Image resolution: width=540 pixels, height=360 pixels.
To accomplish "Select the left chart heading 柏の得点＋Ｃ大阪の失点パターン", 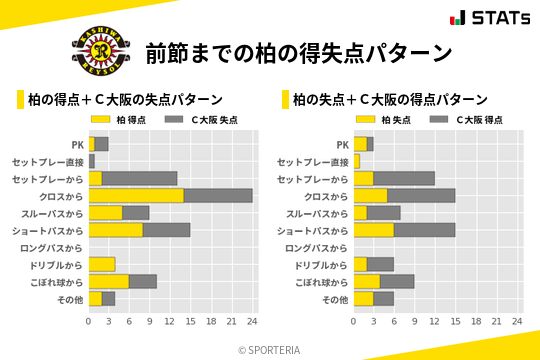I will coord(125,100).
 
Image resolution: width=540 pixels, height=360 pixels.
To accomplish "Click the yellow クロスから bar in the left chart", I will coord(136,195).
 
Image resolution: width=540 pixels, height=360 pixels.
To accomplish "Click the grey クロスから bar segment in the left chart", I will coord(218,195).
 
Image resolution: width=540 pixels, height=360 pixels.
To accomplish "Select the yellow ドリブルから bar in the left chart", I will coord(102,264).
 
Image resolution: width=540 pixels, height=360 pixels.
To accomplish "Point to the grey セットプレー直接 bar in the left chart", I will coord(92,161).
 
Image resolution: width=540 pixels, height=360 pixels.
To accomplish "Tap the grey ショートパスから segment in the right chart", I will coord(424,230).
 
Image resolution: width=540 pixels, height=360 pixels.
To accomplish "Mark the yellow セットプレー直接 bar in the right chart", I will coord(357,161).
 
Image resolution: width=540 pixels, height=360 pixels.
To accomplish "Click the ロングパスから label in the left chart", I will coord(52,247).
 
